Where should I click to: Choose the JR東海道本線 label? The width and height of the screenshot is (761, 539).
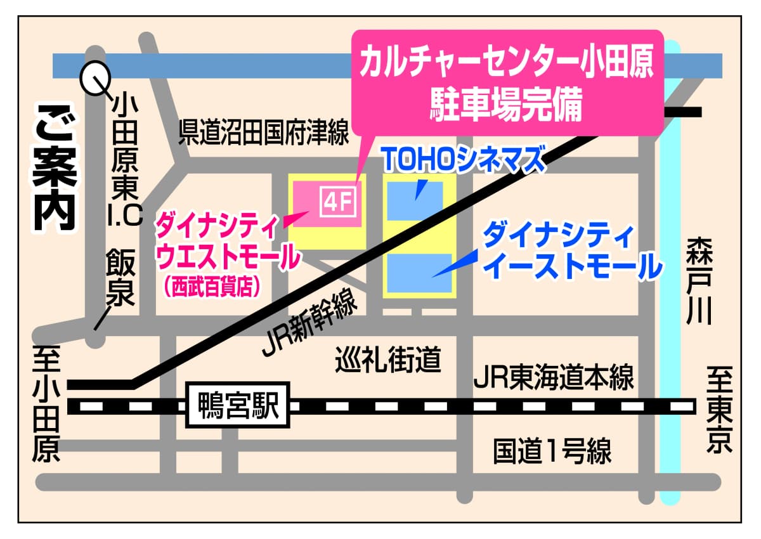tap(554, 379)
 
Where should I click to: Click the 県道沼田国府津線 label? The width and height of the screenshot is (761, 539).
tap(264, 133)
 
